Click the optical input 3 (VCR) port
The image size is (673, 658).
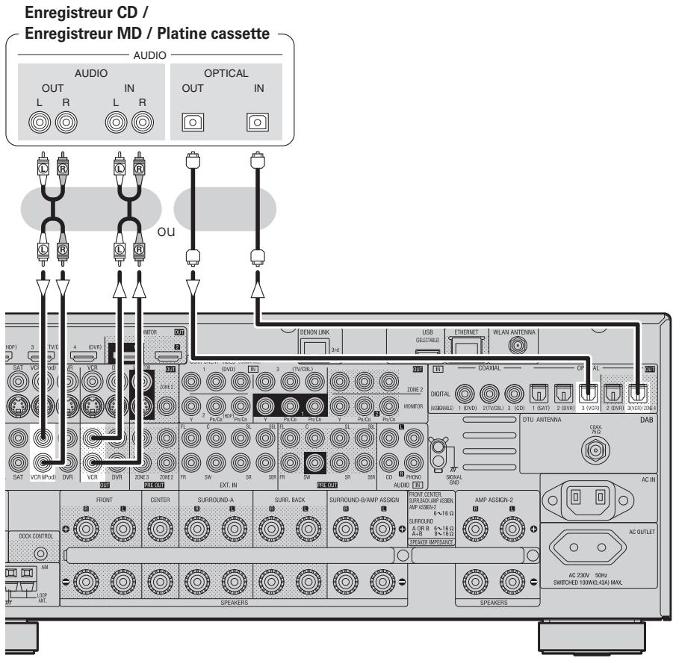pos(586,391)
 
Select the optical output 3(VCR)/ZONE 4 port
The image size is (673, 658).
pos(637,391)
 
